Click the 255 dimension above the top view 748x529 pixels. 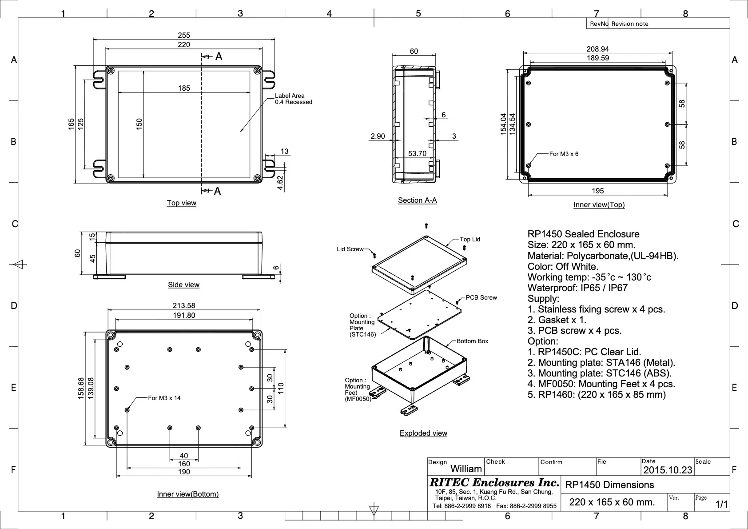tap(183, 35)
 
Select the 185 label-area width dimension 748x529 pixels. tap(184, 88)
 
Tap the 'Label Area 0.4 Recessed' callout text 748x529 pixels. tap(294, 99)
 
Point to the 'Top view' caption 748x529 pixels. tap(182, 203)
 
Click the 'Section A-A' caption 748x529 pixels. tap(418, 200)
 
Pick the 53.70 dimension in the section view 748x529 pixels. tap(417, 153)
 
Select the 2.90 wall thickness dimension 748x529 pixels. tap(378, 136)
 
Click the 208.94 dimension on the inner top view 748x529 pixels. tap(598, 49)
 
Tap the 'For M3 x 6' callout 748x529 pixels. tap(564, 154)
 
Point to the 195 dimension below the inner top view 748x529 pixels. tap(598, 191)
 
